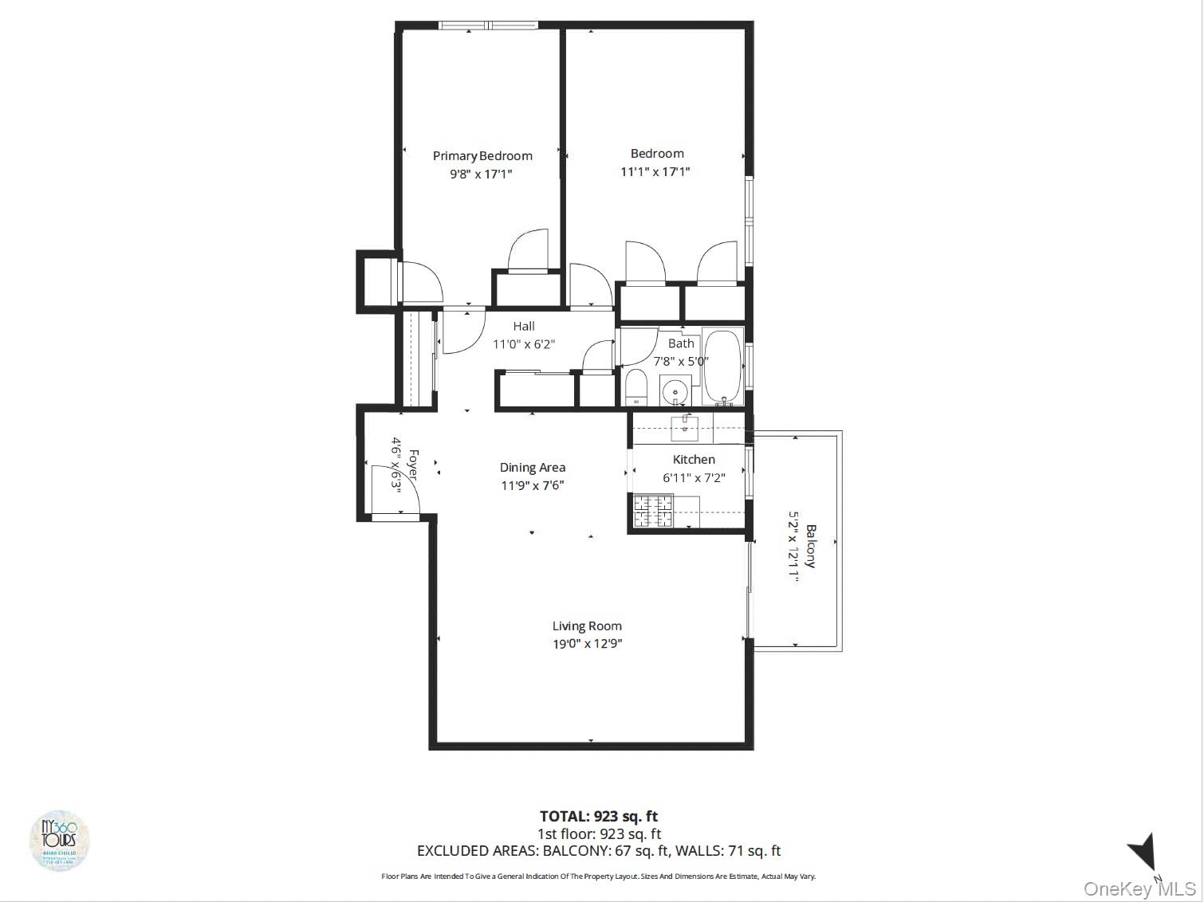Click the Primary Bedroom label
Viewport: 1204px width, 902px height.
click(482, 156)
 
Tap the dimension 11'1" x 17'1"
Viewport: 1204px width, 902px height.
click(655, 171)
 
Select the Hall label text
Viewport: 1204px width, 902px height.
click(524, 326)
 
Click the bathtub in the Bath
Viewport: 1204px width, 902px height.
click(722, 367)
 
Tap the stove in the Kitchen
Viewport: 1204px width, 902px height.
click(654, 511)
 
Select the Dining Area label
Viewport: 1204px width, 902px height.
click(533, 468)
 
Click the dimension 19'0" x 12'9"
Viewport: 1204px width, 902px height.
click(588, 644)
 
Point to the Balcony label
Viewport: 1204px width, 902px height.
click(811, 546)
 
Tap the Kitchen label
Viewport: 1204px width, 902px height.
click(694, 460)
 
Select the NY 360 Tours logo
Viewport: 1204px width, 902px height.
click(59, 841)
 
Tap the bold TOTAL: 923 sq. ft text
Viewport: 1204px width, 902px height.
click(599, 816)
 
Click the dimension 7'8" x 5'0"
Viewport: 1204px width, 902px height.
click(681, 361)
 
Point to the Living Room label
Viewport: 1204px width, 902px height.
click(587, 626)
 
